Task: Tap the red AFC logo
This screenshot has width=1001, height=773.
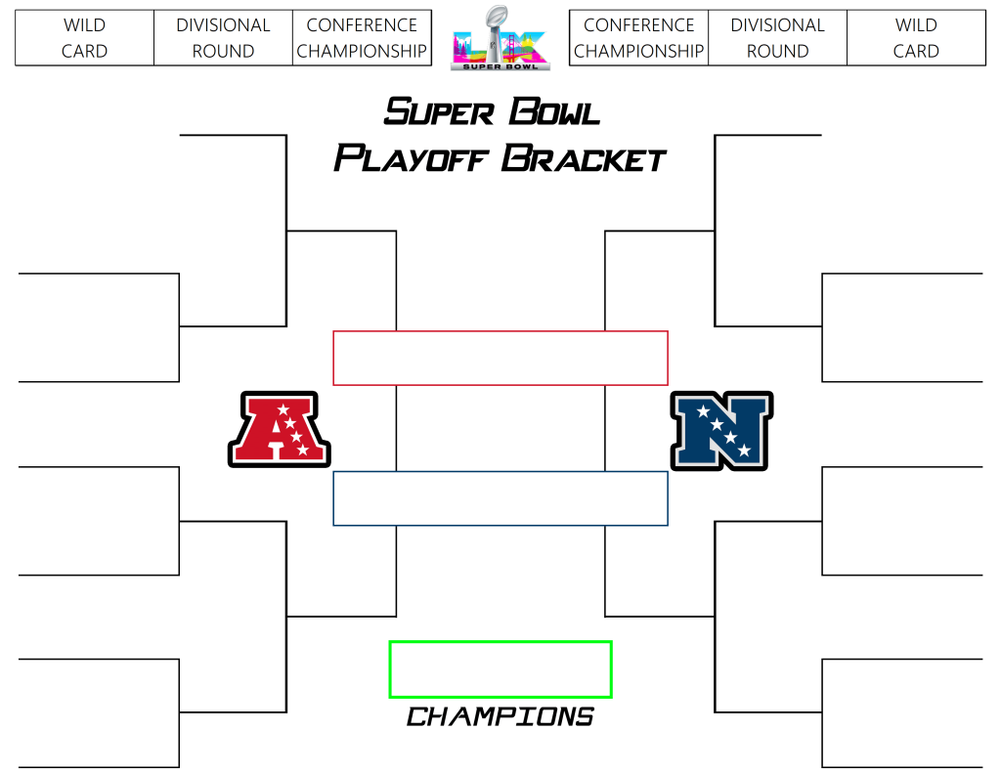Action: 279,429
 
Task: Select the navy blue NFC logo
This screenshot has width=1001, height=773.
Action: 721,430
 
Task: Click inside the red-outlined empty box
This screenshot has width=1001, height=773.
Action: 500,358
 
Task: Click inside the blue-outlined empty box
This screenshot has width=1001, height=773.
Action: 500,498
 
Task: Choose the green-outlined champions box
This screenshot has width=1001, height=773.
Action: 500,669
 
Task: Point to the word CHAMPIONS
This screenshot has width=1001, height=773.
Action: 500,717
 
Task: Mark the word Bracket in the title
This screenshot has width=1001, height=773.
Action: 584,157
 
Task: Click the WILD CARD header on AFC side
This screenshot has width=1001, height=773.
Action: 84,38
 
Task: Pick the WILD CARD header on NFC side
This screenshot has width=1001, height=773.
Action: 916,38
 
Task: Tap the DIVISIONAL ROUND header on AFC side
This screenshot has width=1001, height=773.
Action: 223,38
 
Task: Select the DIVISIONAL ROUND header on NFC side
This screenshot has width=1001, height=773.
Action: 777,38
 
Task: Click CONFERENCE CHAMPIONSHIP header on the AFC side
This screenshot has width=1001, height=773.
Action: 362,38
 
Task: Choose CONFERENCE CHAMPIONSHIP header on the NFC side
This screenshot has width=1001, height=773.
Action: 638,38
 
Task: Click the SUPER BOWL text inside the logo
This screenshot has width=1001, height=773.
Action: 500,64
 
